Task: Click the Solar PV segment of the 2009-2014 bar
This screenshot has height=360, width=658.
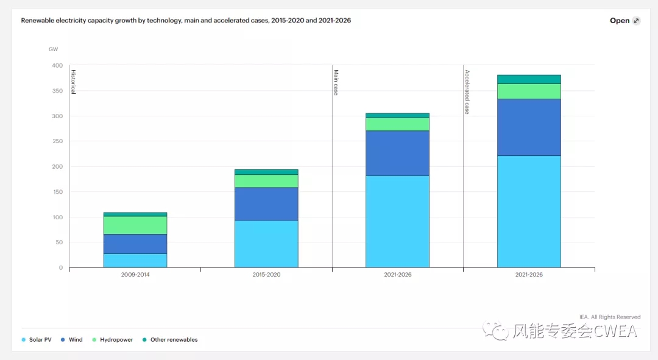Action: (135, 260)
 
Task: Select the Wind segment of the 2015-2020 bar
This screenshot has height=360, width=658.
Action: (266, 203)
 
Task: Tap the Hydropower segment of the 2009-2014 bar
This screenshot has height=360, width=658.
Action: (135, 225)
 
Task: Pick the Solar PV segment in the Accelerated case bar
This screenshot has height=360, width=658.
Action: (529, 211)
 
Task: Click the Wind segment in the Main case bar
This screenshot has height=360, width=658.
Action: (397, 153)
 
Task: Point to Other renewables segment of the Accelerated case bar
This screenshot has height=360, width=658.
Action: (529, 79)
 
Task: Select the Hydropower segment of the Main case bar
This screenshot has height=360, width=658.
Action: (397, 124)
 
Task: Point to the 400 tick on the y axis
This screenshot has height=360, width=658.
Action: (57, 65)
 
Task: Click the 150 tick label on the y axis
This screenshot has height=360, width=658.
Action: (57, 192)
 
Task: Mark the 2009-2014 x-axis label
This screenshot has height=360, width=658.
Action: (135, 275)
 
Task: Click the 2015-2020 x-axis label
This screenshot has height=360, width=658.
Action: (266, 275)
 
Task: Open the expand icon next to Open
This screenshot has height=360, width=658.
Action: (636, 21)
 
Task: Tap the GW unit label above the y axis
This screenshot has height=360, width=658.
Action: (53, 49)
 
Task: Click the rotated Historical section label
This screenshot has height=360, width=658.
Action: (73, 82)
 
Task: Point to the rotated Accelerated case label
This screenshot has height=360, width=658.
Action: (467, 92)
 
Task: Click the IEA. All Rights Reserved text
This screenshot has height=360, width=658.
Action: (610, 317)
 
